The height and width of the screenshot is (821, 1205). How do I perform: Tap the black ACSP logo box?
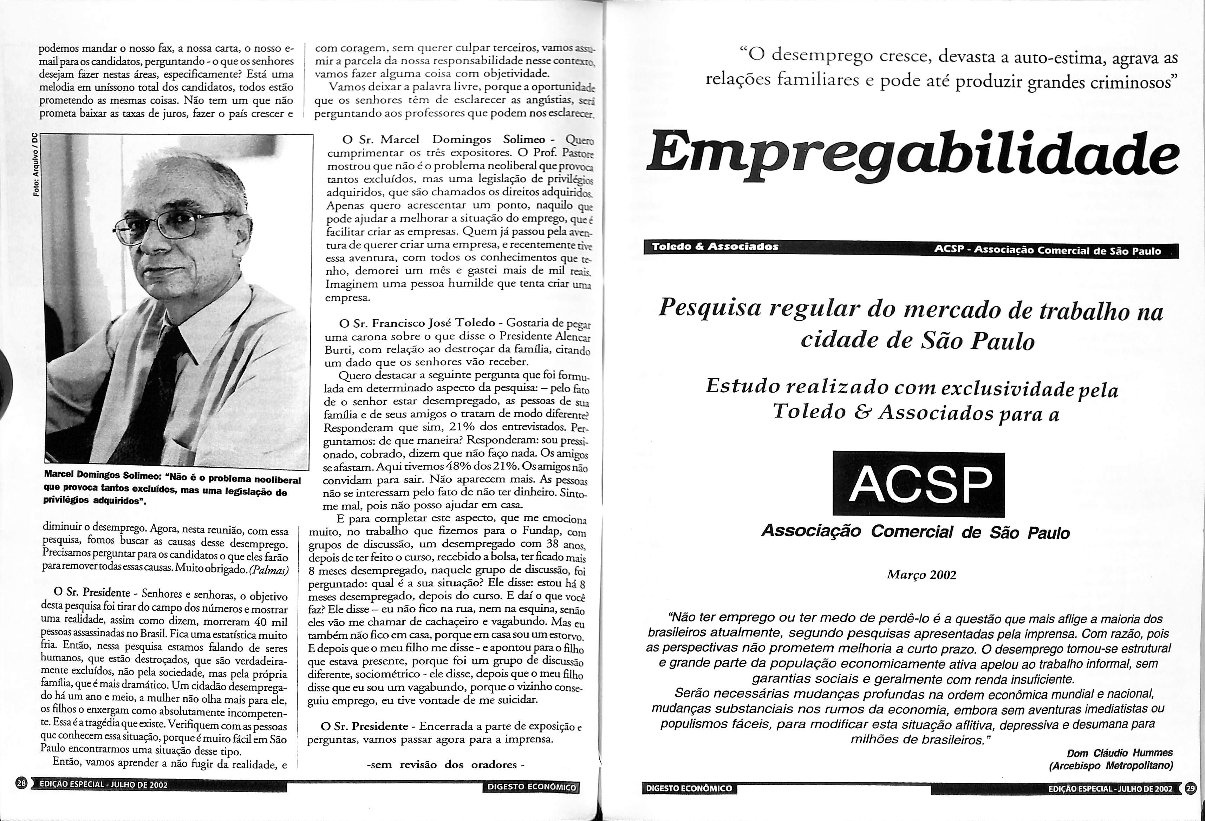(918, 484)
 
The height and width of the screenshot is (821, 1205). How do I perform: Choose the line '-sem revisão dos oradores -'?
(445, 764)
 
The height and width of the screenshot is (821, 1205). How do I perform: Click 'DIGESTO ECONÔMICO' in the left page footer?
(530, 787)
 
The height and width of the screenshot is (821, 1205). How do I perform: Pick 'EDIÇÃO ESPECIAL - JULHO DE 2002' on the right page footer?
(1109, 789)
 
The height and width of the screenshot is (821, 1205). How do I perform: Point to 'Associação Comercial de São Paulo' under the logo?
(915, 532)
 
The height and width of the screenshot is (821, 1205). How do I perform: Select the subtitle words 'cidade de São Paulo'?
(917, 341)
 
